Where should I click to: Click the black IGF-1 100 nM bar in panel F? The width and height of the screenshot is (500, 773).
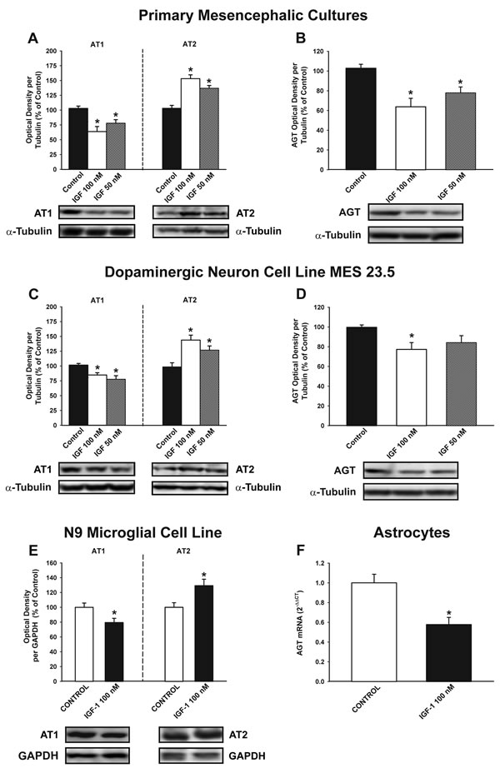click(x=448, y=653)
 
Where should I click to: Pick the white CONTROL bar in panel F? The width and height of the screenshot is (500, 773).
click(x=374, y=632)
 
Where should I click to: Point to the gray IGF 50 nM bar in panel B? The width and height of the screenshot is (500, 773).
click(x=461, y=131)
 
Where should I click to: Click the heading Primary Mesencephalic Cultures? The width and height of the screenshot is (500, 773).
click(x=253, y=15)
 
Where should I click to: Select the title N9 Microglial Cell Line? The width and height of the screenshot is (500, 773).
click(x=143, y=532)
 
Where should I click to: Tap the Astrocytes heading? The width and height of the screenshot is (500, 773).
click(x=412, y=532)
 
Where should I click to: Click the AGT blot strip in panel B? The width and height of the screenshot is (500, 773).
click(x=415, y=212)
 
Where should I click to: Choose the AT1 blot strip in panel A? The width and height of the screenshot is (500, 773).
click(x=97, y=213)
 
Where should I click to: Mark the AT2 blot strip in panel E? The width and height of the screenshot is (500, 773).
click(x=191, y=735)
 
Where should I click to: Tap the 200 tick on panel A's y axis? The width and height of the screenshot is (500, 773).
click(x=51, y=51)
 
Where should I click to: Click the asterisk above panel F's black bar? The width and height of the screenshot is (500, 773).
click(x=448, y=613)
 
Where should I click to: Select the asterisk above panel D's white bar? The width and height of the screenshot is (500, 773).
click(x=411, y=337)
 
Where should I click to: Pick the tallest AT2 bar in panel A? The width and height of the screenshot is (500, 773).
click(x=190, y=124)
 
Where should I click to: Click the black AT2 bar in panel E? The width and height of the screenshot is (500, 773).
click(x=203, y=634)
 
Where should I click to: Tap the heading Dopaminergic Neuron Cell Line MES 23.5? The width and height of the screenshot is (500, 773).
click(x=250, y=272)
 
